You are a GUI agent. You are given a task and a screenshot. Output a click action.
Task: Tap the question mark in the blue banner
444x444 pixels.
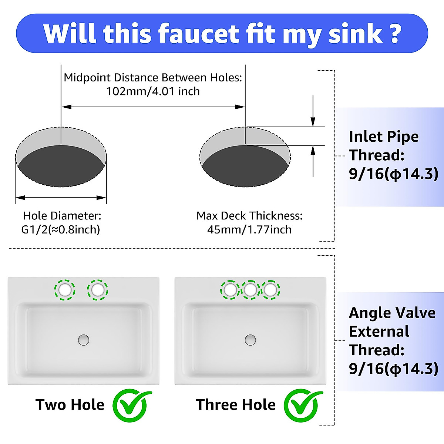(395, 34)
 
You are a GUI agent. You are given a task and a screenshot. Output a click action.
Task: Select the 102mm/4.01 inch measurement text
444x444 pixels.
(153, 91)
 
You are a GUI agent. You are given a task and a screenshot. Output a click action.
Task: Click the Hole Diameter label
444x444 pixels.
(62, 215)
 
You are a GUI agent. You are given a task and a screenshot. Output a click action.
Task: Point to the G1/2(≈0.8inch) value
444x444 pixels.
(61, 229)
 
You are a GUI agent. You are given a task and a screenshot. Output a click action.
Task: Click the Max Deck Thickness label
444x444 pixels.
(249, 215)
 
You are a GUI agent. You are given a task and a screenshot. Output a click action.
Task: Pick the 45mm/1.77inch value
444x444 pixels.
(249, 229)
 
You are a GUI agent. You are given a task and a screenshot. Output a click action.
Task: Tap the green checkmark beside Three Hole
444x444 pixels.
(303, 405)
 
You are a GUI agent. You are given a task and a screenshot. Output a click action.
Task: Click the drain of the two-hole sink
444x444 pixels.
(84, 340)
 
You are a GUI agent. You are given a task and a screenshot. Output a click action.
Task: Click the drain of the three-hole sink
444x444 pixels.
(250, 340)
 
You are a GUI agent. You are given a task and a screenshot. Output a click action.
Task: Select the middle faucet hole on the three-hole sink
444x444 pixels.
(250, 290)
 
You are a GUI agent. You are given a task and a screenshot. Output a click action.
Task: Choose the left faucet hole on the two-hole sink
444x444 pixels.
(65, 289)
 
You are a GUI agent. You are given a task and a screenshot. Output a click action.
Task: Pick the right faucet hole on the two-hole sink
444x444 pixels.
(98, 289)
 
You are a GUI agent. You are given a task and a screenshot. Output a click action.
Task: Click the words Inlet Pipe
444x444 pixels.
(384, 137)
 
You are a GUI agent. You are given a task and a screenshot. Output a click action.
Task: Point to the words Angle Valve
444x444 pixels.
(392, 313)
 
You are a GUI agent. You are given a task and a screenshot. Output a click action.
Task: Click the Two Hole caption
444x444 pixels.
(70, 405)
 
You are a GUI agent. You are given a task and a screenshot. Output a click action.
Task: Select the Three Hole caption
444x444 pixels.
(236, 405)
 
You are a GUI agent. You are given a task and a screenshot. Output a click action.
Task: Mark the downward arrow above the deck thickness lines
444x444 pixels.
(313, 111)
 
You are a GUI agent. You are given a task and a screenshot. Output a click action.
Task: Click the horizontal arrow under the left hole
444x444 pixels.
(61, 198)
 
